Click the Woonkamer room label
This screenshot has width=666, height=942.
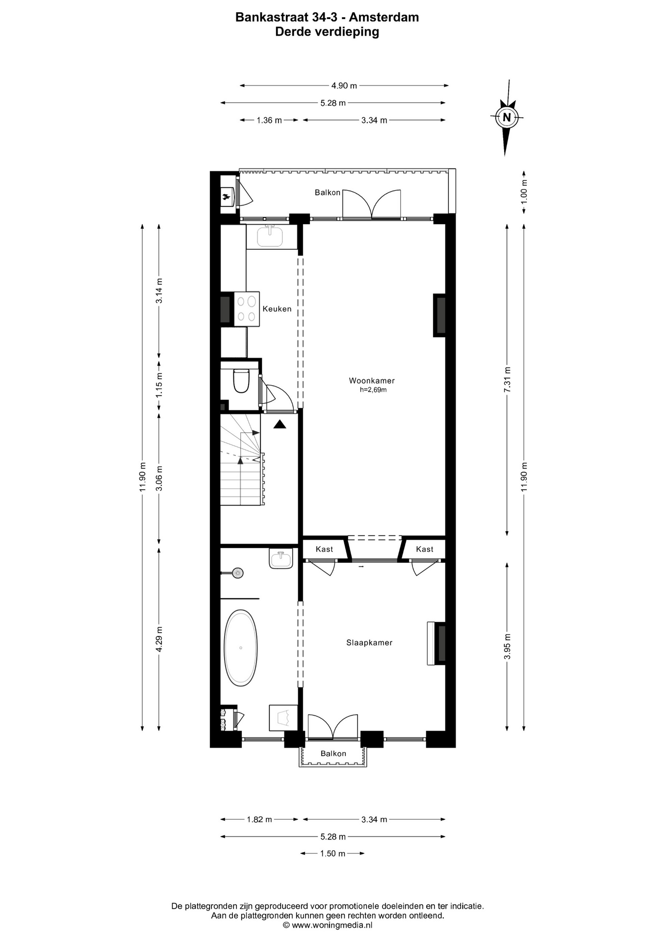click(372, 381)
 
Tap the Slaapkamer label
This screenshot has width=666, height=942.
click(369, 643)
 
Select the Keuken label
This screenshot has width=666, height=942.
click(277, 309)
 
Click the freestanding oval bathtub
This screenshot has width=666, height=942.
click(240, 648)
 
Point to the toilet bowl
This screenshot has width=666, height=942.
click(241, 381)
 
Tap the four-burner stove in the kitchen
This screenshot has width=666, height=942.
click(247, 309)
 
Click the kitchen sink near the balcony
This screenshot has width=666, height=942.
click(270, 236)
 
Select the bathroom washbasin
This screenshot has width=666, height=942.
click(281, 559)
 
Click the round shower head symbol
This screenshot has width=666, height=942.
click(238, 573)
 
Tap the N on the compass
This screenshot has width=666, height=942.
click(507, 117)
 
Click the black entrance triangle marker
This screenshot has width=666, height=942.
click(280, 424)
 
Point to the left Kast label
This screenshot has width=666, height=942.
click(324, 549)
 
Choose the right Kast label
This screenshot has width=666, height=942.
click(425, 549)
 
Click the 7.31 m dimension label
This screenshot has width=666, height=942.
click(508, 380)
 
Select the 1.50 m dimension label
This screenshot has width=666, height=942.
click(333, 853)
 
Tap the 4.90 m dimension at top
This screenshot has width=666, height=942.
click(344, 85)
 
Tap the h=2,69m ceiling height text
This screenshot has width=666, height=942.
click(373, 390)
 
